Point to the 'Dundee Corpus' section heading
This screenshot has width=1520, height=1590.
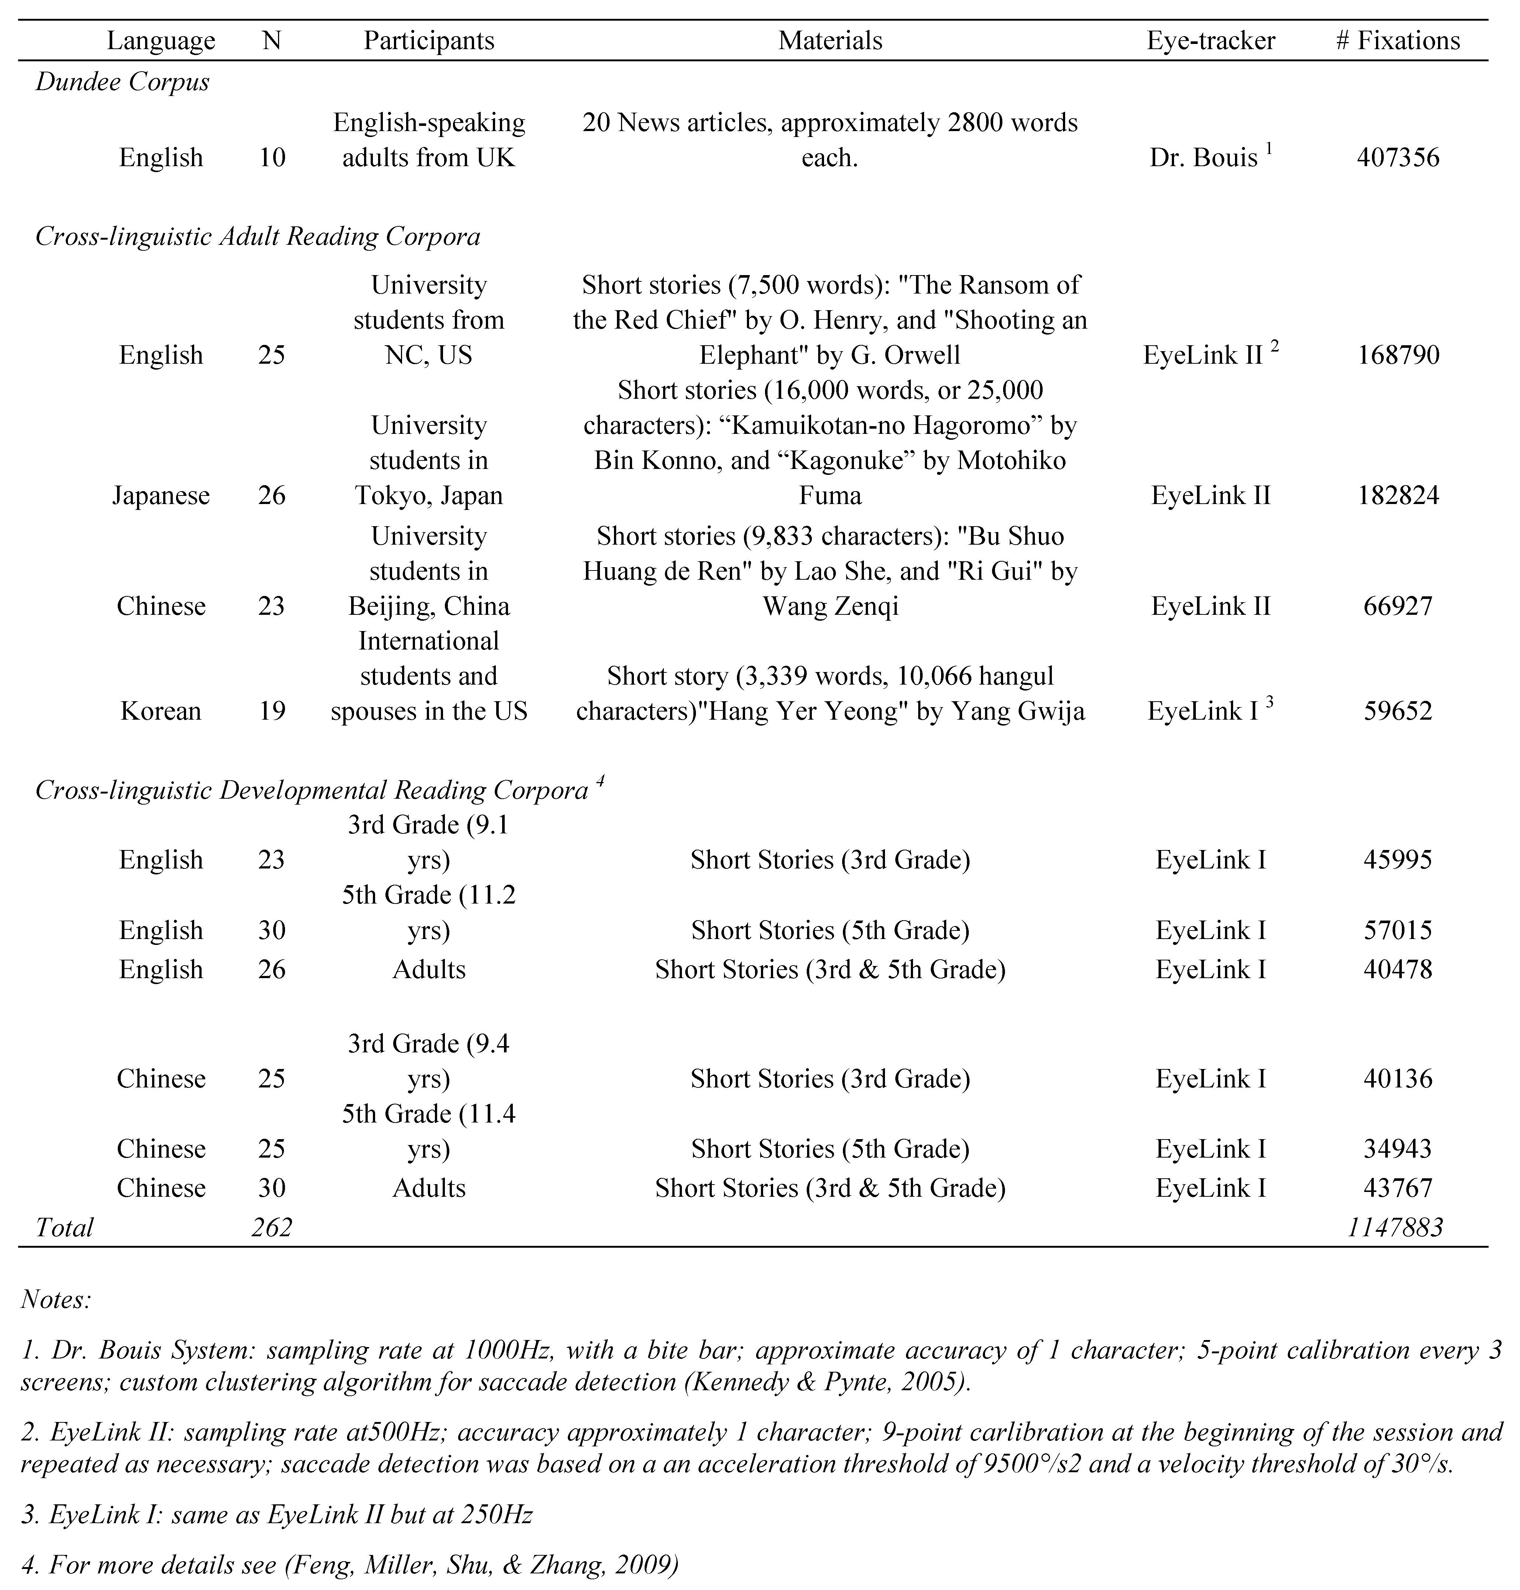122,82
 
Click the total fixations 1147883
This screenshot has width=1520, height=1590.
1395,1227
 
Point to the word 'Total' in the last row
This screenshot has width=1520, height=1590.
65,1227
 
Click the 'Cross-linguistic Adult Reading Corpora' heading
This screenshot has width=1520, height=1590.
258,237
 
